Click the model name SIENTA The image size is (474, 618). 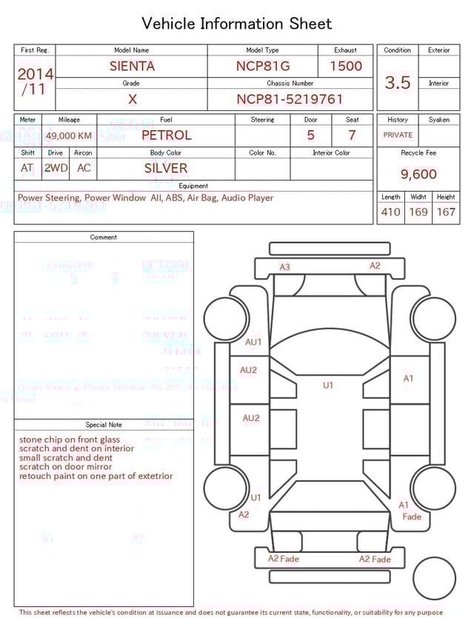click(x=132, y=66)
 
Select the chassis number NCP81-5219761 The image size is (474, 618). click(x=290, y=99)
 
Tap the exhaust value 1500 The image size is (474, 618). click(x=346, y=66)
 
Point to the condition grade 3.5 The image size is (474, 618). click(x=398, y=83)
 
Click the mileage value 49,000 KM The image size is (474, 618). click(x=69, y=135)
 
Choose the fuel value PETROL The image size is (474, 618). click(x=166, y=135)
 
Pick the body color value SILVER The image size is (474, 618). click(x=166, y=168)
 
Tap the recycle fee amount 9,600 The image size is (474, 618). click(x=418, y=174)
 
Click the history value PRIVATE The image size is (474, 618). click(x=398, y=135)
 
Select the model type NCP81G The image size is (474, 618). click(x=262, y=66)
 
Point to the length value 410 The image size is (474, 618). click(x=390, y=212)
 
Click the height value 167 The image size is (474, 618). click(x=446, y=212)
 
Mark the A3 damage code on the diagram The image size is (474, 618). click(x=284, y=267)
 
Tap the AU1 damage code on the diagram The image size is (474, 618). click(x=253, y=343)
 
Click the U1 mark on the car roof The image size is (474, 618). click(x=328, y=385)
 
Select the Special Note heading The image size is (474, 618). click(x=104, y=425)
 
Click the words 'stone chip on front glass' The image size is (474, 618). click(x=70, y=440)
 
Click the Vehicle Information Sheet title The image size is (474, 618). click(x=237, y=24)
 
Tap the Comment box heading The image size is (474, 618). click(x=104, y=237)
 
